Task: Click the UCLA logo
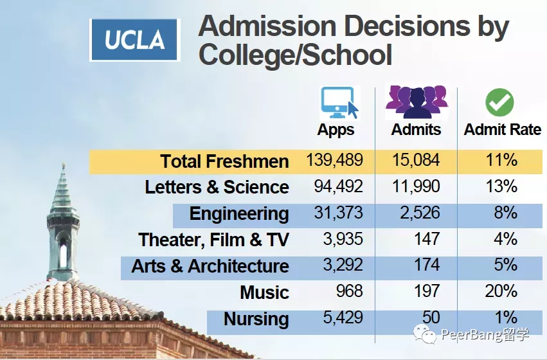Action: pyautogui.click(x=135, y=40)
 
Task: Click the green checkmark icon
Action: pyautogui.click(x=499, y=102)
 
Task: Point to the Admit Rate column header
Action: pyautogui.click(x=503, y=129)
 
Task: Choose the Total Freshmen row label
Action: pyautogui.click(x=224, y=161)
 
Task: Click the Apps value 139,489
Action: pyautogui.click(x=335, y=160)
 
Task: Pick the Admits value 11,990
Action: pyautogui.click(x=416, y=186)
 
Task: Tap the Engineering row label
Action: pyautogui.click(x=239, y=213)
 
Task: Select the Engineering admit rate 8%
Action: pyautogui.click(x=505, y=213)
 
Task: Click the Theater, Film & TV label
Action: pyautogui.click(x=213, y=240)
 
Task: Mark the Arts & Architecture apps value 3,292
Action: pyautogui.click(x=344, y=265)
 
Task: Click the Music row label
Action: pyautogui.click(x=264, y=292)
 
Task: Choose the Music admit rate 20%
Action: pyautogui.click(x=501, y=291)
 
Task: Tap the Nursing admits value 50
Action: pyautogui.click(x=431, y=318)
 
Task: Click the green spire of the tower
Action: pyautogui.click(x=62, y=193)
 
